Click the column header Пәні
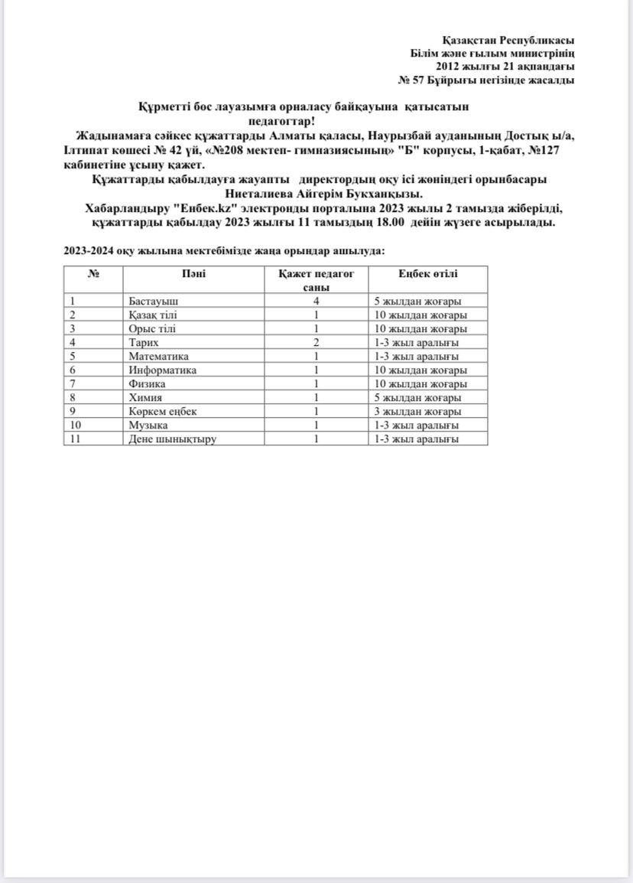(193, 274)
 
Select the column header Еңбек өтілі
(427, 274)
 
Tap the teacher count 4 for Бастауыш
(315, 301)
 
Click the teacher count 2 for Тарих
(315, 343)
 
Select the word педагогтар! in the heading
(281, 120)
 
